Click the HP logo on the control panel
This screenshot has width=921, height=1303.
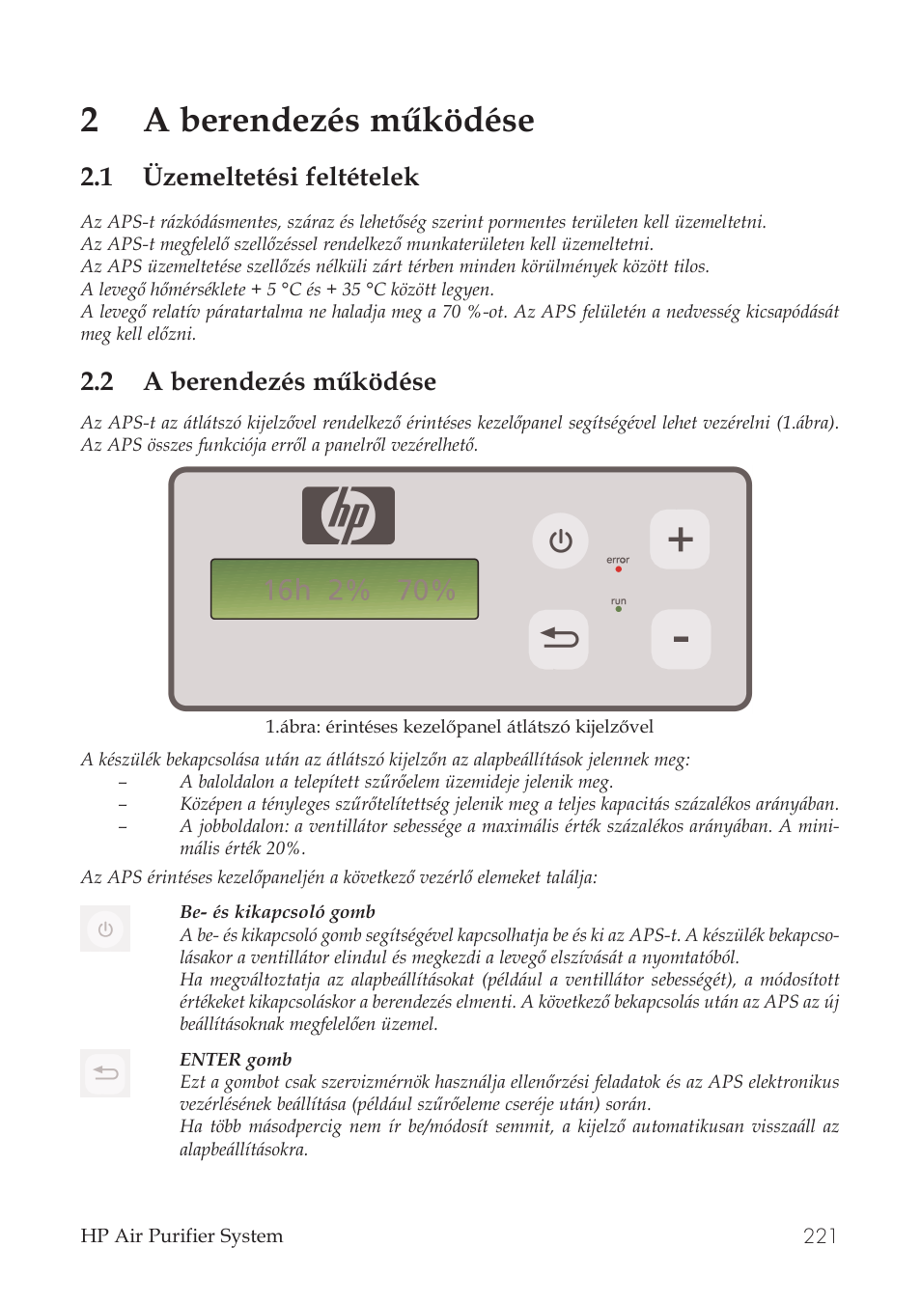tap(349, 516)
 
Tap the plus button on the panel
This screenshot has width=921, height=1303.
tap(680, 540)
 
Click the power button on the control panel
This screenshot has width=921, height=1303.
tap(560, 541)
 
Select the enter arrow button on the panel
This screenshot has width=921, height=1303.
tap(559, 639)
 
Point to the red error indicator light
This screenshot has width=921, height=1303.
tap(618, 569)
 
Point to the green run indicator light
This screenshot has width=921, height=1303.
tap(618, 610)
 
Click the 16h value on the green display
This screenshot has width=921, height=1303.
tap(288, 591)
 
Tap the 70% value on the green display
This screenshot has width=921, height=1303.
tap(426, 591)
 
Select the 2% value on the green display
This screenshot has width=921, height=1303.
tap(349, 591)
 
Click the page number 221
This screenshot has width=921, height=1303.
tap(820, 1236)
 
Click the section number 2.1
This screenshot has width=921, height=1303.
tap(97, 178)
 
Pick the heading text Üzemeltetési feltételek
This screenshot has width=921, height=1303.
tap(281, 178)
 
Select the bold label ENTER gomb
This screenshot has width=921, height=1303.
tap(236, 1060)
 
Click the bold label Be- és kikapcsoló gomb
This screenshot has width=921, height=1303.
tap(277, 912)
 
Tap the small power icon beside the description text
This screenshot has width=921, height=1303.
tap(105, 929)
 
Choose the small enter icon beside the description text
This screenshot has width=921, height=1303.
tap(105, 1072)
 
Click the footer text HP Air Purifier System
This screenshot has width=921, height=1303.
tap(181, 1236)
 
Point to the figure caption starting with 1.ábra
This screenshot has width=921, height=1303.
tap(460, 727)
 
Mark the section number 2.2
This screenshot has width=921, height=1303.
tap(97, 382)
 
